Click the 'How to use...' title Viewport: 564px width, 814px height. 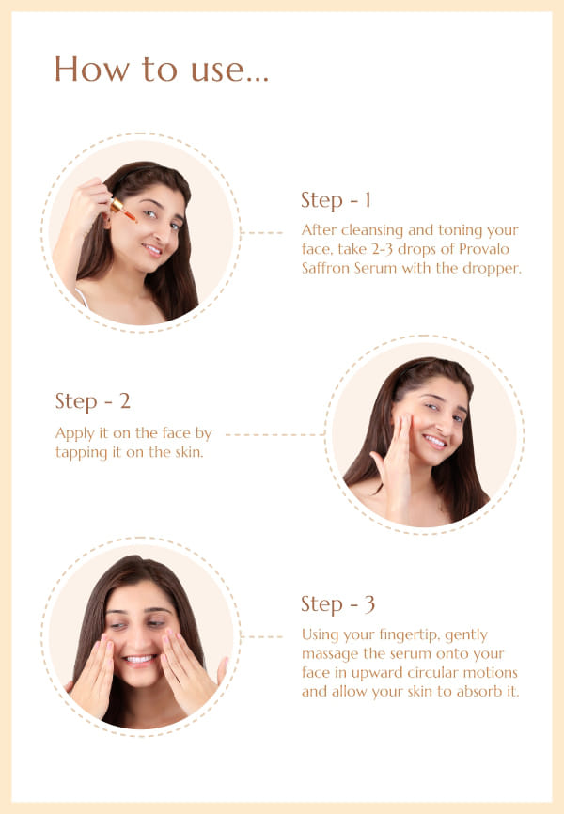(162, 69)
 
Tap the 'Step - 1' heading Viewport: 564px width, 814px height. (336, 200)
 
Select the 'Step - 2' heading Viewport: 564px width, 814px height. (92, 401)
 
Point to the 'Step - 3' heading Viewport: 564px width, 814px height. (337, 604)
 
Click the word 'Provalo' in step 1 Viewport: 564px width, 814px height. (484, 249)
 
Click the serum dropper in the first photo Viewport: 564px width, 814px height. (124, 210)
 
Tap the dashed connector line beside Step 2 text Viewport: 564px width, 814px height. (274, 434)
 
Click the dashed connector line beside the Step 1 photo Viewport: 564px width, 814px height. (262, 232)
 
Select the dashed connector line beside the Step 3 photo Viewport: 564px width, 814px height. (262, 636)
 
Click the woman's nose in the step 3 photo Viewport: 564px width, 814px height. (139, 637)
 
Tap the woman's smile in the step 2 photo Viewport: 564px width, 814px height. (434, 442)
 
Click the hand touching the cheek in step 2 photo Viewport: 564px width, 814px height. (396, 458)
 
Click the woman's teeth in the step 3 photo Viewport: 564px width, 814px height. (139, 659)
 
